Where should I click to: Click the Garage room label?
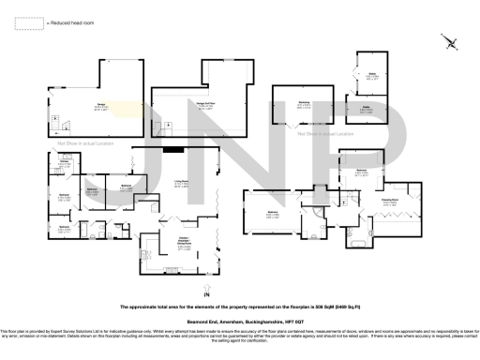[97, 107]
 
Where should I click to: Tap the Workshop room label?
[306, 104]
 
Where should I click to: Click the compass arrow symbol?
[452, 42]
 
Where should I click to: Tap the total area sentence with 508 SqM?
[240, 307]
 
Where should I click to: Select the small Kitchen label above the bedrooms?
[66, 162]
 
